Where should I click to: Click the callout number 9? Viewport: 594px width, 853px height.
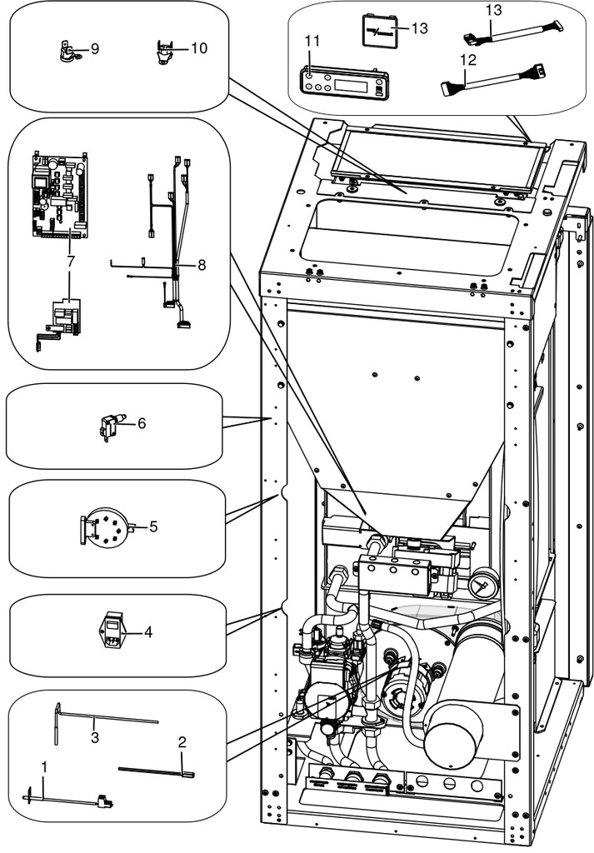tap(95, 49)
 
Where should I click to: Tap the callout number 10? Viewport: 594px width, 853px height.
tap(199, 47)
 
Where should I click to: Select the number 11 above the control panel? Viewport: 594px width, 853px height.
tap(312, 41)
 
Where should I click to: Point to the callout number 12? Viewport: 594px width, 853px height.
tap(468, 59)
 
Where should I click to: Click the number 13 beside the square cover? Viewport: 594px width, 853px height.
tap(420, 27)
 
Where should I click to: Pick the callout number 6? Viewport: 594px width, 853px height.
tap(142, 422)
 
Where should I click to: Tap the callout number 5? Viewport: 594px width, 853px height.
tap(153, 526)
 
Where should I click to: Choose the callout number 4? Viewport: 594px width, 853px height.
tap(148, 632)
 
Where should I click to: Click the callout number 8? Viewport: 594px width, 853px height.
tap(202, 265)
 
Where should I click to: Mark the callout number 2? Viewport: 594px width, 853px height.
tap(182, 741)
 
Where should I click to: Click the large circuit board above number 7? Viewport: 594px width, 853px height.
tap(59, 195)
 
